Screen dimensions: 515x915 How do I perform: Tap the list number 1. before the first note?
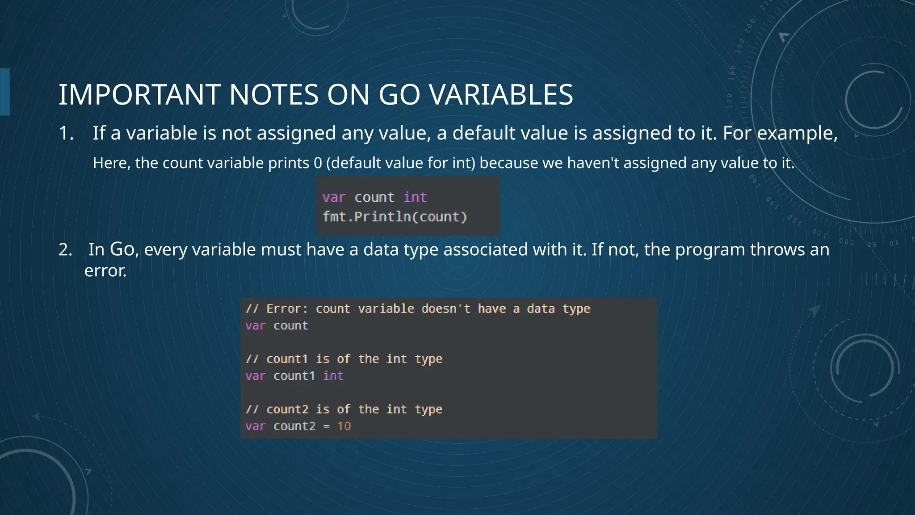(x=66, y=133)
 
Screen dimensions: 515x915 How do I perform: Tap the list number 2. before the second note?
(x=65, y=249)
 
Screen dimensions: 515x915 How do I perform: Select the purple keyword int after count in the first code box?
(x=415, y=197)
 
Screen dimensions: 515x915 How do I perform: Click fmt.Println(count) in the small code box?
(x=395, y=217)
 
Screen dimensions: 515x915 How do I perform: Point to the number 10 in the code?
(x=344, y=426)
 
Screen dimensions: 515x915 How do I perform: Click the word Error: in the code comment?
(x=287, y=309)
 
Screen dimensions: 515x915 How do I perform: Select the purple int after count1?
(x=333, y=376)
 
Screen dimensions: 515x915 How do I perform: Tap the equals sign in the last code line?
(x=327, y=426)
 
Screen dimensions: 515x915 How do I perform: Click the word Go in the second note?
(x=122, y=249)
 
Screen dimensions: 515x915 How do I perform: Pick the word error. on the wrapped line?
(x=105, y=270)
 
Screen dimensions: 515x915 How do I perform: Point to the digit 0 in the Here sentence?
(x=318, y=163)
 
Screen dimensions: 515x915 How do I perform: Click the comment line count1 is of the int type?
(x=344, y=359)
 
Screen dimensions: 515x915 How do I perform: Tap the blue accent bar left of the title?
(x=5, y=92)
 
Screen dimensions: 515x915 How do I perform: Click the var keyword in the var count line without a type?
(x=255, y=325)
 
